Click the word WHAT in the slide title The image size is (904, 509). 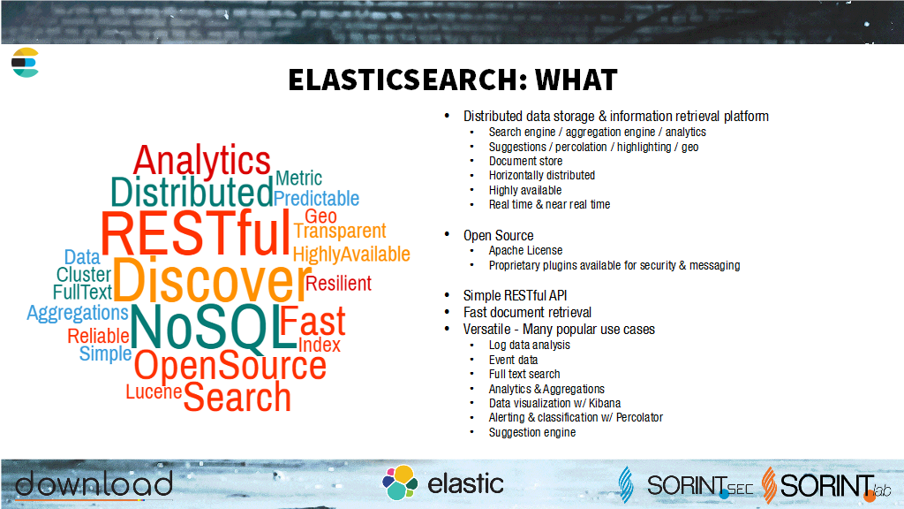coord(576,80)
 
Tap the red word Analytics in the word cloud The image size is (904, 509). coord(202,161)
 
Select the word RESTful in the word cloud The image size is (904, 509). coord(195,233)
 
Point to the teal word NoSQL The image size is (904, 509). coord(214,327)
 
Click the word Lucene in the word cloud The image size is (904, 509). coord(154,391)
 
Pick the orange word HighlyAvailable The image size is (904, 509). coord(351,254)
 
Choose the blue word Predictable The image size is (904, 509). coord(316,199)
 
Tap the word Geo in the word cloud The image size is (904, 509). coord(320,216)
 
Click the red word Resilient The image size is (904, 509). coord(338,284)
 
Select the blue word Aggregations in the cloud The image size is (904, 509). coord(78,314)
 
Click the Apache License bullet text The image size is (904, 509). coord(525,250)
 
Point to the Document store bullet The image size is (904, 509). coord(525,161)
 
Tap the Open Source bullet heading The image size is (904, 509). coord(498,235)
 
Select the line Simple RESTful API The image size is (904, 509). coord(515,295)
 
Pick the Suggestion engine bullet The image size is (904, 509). coord(531,432)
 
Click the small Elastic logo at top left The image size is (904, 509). coord(25,63)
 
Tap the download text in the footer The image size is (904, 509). coord(94,483)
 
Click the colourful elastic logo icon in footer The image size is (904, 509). coord(400,482)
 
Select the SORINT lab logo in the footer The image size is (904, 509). coord(825,485)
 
